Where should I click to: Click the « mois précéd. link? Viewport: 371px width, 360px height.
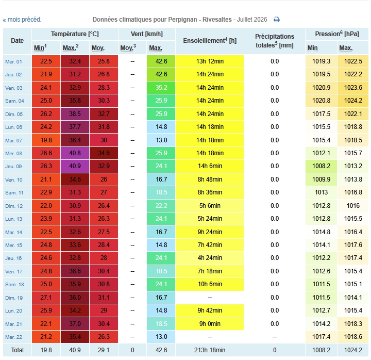[x=22, y=20]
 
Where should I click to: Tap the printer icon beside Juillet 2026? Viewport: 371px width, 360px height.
[x=277, y=20]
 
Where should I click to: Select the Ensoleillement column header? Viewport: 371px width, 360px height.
[x=210, y=41]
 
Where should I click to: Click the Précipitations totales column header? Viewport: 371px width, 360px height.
[x=275, y=41]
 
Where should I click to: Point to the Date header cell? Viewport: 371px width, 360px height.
[x=18, y=41]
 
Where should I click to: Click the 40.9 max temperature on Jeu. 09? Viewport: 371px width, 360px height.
[x=75, y=166]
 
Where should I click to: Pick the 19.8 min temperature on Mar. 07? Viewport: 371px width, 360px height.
[x=46, y=140]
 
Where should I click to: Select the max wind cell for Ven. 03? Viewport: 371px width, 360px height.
[x=161, y=88]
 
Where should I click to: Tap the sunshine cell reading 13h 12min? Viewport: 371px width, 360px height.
[x=210, y=61]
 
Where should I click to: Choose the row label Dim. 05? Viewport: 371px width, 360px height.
[x=14, y=114]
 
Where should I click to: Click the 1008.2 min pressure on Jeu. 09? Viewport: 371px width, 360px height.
[x=321, y=166]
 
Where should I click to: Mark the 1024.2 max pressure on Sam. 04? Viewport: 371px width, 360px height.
[x=353, y=101]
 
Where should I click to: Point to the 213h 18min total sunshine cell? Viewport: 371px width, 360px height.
[x=210, y=350]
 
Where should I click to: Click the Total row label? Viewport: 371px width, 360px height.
[x=18, y=350]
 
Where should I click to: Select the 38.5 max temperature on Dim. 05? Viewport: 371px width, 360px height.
[x=75, y=114]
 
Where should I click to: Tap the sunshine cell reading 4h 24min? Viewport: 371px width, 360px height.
[x=210, y=258]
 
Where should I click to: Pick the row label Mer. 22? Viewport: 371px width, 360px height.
[x=14, y=337]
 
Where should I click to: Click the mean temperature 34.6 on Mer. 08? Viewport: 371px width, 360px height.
[x=104, y=153]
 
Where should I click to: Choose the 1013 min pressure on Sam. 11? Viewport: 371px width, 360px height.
[x=321, y=192]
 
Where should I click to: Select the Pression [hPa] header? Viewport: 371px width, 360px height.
[x=337, y=34]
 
